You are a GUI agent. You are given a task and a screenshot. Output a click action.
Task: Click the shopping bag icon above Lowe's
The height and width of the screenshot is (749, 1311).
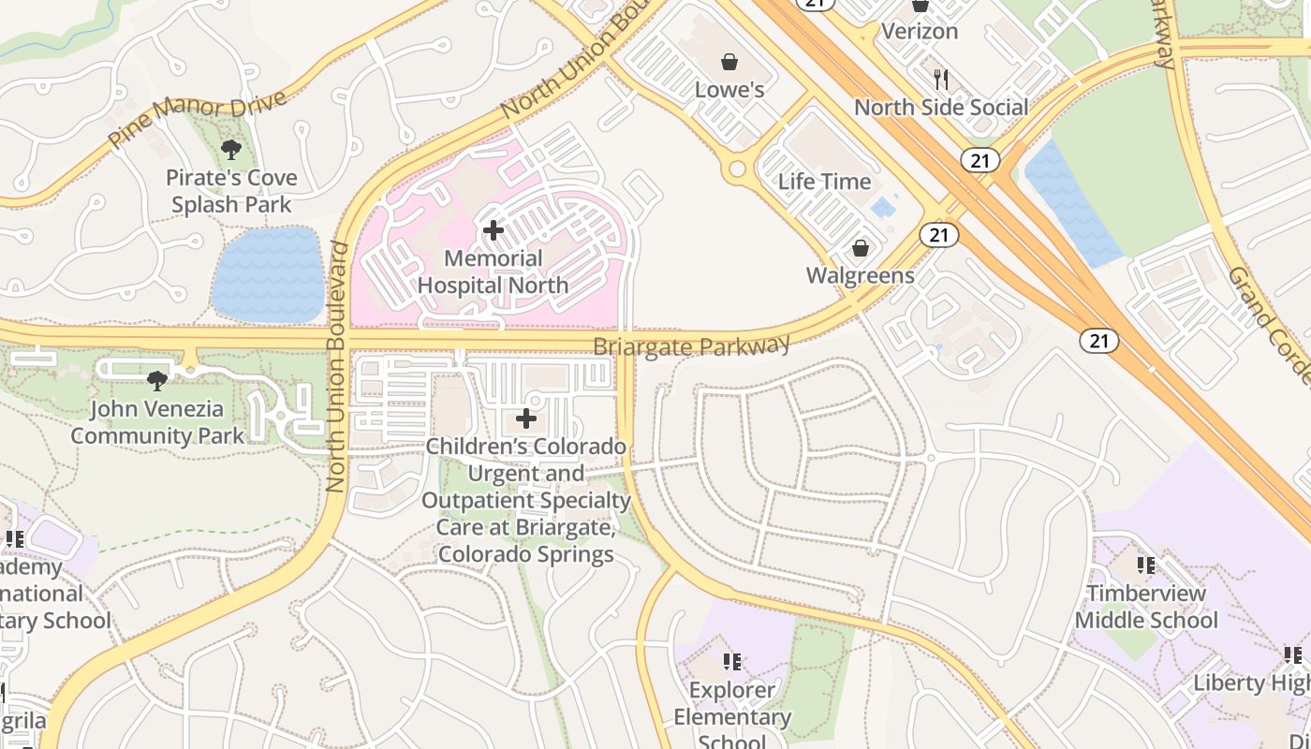[729, 62]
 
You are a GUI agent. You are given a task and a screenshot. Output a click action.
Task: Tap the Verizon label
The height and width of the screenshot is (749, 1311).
[921, 31]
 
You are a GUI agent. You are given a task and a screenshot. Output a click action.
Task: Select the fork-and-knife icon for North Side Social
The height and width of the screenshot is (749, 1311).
[941, 80]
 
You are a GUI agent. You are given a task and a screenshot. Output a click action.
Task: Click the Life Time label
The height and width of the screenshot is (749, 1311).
[824, 182]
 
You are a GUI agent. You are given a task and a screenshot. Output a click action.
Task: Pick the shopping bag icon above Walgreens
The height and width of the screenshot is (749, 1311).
[860, 249]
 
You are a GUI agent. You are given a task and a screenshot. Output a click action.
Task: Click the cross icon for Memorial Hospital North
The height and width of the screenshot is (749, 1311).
[493, 230]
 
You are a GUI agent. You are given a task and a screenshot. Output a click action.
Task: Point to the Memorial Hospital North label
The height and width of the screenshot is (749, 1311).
[493, 272]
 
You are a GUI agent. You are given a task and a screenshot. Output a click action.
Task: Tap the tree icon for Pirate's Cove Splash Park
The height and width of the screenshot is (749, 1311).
[230, 149]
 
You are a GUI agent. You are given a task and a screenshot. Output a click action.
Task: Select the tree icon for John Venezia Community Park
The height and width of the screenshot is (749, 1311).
[157, 380]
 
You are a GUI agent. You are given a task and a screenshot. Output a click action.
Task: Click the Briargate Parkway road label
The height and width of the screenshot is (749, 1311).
[692, 346]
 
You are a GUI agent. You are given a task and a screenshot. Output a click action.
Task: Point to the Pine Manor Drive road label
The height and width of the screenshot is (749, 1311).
[197, 119]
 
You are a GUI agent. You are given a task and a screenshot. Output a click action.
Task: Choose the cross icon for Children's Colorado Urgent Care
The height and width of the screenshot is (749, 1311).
[526, 419]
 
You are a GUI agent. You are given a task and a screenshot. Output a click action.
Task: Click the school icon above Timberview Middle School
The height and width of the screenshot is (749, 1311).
[1145, 565]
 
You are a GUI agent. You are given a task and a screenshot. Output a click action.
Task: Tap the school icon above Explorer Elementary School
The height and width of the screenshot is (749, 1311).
[732, 662]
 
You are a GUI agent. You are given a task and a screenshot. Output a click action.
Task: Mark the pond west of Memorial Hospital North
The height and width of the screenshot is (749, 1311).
[268, 274]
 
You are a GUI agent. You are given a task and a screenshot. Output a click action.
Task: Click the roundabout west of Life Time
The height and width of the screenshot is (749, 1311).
[737, 169]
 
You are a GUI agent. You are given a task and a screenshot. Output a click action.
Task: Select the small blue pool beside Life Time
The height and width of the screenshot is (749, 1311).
[881, 207]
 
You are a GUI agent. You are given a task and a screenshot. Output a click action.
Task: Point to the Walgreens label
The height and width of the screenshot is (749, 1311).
[860, 275]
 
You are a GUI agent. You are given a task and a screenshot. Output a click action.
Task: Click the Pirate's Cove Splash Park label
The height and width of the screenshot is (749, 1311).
[231, 191]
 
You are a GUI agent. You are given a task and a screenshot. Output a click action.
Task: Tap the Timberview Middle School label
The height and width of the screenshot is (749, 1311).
[1146, 607]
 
